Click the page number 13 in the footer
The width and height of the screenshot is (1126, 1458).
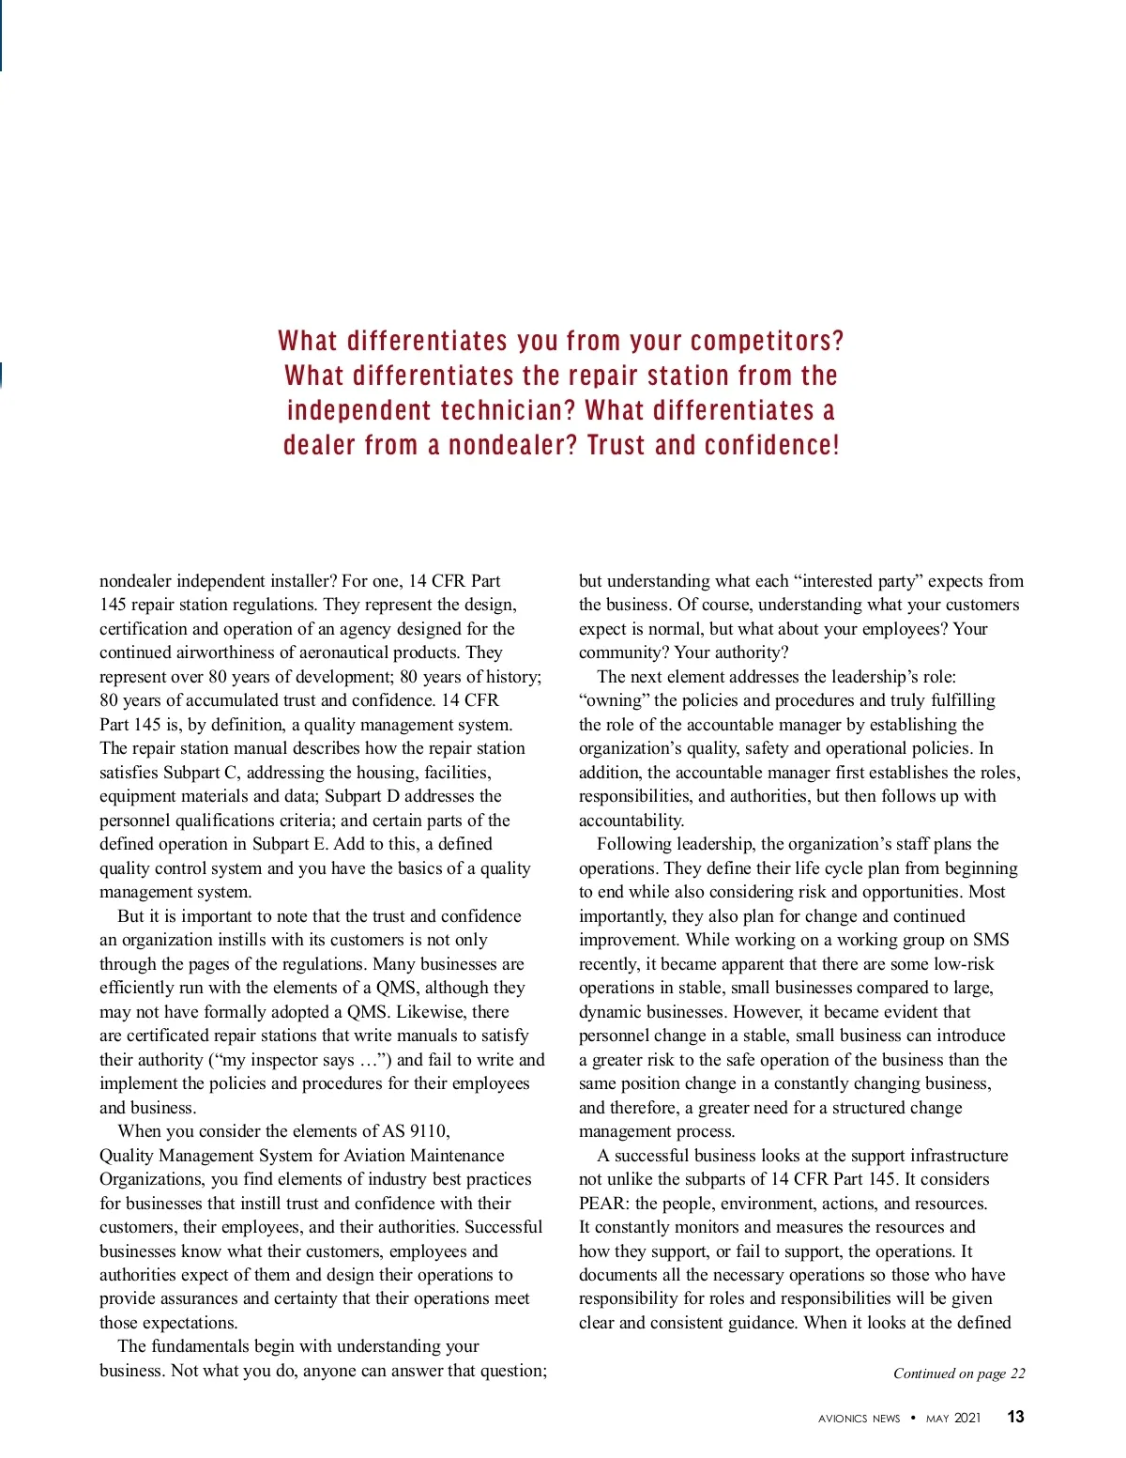tap(1015, 1417)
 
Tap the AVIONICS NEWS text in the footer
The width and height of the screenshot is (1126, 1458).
tap(859, 1419)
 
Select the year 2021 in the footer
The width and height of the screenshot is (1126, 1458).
tap(967, 1418)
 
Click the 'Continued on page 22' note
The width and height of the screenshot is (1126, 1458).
tap(958, 1374)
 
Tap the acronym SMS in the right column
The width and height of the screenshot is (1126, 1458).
tap(991, 940)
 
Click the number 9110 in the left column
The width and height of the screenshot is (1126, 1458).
tap(428, 1131)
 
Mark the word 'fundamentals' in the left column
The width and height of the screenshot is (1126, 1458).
tap(205, 1346)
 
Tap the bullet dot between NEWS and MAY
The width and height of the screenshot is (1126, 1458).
tap(913, 1418)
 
